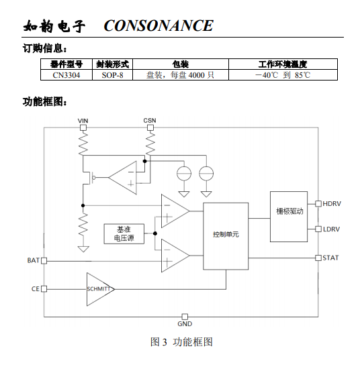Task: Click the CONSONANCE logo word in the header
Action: point(159,25)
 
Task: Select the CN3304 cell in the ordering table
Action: point(66,75)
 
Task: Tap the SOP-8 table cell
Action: point(112,75)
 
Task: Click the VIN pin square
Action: point(83,127)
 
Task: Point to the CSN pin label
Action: point(150,120)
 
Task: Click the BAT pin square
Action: point(44,261)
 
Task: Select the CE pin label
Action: point(36,288)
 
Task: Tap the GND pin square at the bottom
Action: point(185,317)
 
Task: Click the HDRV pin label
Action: point(332,204)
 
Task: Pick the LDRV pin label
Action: point(331,229)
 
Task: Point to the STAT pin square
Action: point(318,258)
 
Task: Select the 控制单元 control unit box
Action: point(226,236)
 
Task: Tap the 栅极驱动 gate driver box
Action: point(289,217)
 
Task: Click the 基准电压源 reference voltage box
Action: point(124,234)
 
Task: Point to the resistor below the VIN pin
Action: point(83,143)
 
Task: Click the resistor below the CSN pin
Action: point(150,143)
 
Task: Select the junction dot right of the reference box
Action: point(155,233)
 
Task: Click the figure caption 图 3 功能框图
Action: point(181,342)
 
